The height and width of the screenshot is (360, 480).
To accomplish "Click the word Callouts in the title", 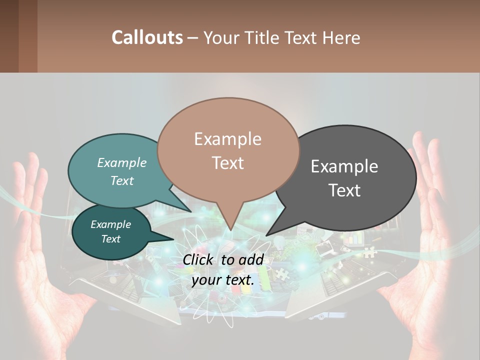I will (x=147, y=37).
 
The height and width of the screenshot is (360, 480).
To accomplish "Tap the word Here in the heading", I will (x=341, y=38).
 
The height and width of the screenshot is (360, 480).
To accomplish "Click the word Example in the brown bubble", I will (x=227, y=138).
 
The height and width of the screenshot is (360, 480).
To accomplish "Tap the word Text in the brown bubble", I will (x=228, y=163).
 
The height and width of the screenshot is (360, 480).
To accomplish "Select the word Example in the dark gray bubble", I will (x=344, y=166).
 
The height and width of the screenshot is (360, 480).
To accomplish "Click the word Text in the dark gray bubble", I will (x=345, y=190).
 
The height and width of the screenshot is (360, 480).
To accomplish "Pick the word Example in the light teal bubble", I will (x=121, y=162).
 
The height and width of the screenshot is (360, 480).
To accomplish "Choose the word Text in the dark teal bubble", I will (x=111, y=239).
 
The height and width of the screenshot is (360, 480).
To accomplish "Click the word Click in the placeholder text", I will (x=199, y=259).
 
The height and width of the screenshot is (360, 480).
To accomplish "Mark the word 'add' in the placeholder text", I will (x=251, y=259).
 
